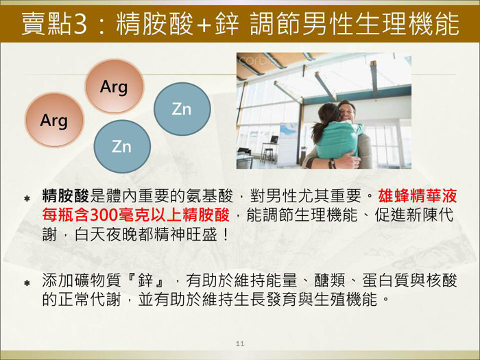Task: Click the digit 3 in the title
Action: point(80,24)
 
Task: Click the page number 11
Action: point(240,344)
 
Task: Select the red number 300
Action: point(106,215)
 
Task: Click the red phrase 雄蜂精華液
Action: point(418,195)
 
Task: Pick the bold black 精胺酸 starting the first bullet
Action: point(66,195)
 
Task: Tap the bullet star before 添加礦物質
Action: point(27,283)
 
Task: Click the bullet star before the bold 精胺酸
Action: point(27,199)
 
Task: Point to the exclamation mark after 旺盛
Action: point(226,235)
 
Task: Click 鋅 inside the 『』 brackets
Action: point(145,280)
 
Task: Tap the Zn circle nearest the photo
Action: point(182,108)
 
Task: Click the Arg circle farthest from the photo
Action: point(54,120)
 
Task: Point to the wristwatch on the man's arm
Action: point(332,163)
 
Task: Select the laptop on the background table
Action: point(274,140)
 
